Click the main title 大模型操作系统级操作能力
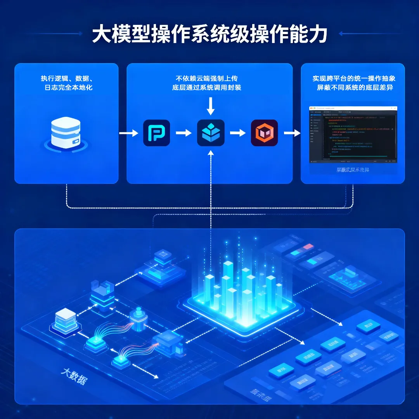point(209,34)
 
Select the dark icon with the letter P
point(156,133)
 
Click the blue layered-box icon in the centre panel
point(211,133)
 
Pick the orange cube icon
point(264,133)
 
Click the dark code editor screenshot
point(353,134)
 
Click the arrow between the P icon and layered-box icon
point(184,133)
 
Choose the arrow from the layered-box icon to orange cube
point(237,133)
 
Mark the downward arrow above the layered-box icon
point(211,106)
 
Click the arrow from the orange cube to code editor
point(292,133)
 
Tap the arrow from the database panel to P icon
point(128,133)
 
